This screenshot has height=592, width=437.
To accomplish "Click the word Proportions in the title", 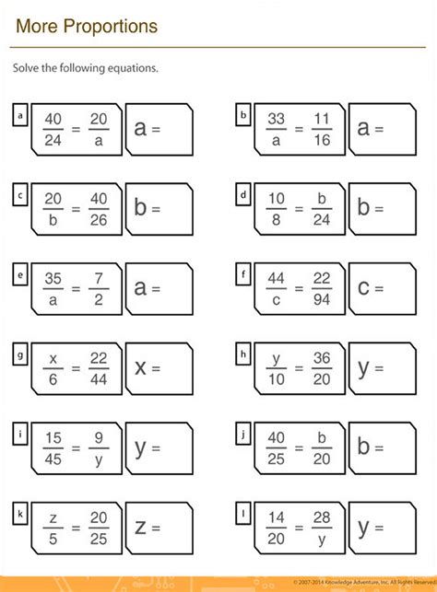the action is (111, 27).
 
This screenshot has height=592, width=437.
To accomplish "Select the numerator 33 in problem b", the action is (276, 119).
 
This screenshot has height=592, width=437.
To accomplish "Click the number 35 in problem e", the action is (53, 277).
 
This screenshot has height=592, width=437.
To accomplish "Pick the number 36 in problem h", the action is (321, 356).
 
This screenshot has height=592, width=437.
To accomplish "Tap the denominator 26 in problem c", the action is (98, 220).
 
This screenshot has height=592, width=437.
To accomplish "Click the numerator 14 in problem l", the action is (276, 515).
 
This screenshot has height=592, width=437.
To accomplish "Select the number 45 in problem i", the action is (53, 458).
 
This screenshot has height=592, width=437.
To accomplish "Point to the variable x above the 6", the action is (53, 356).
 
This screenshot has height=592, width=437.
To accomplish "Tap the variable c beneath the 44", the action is (276, 299).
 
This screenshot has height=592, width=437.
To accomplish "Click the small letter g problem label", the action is (19, 353).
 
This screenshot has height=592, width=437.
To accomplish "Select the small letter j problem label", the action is (242, 432).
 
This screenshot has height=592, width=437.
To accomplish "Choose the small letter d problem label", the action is (242, 194).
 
